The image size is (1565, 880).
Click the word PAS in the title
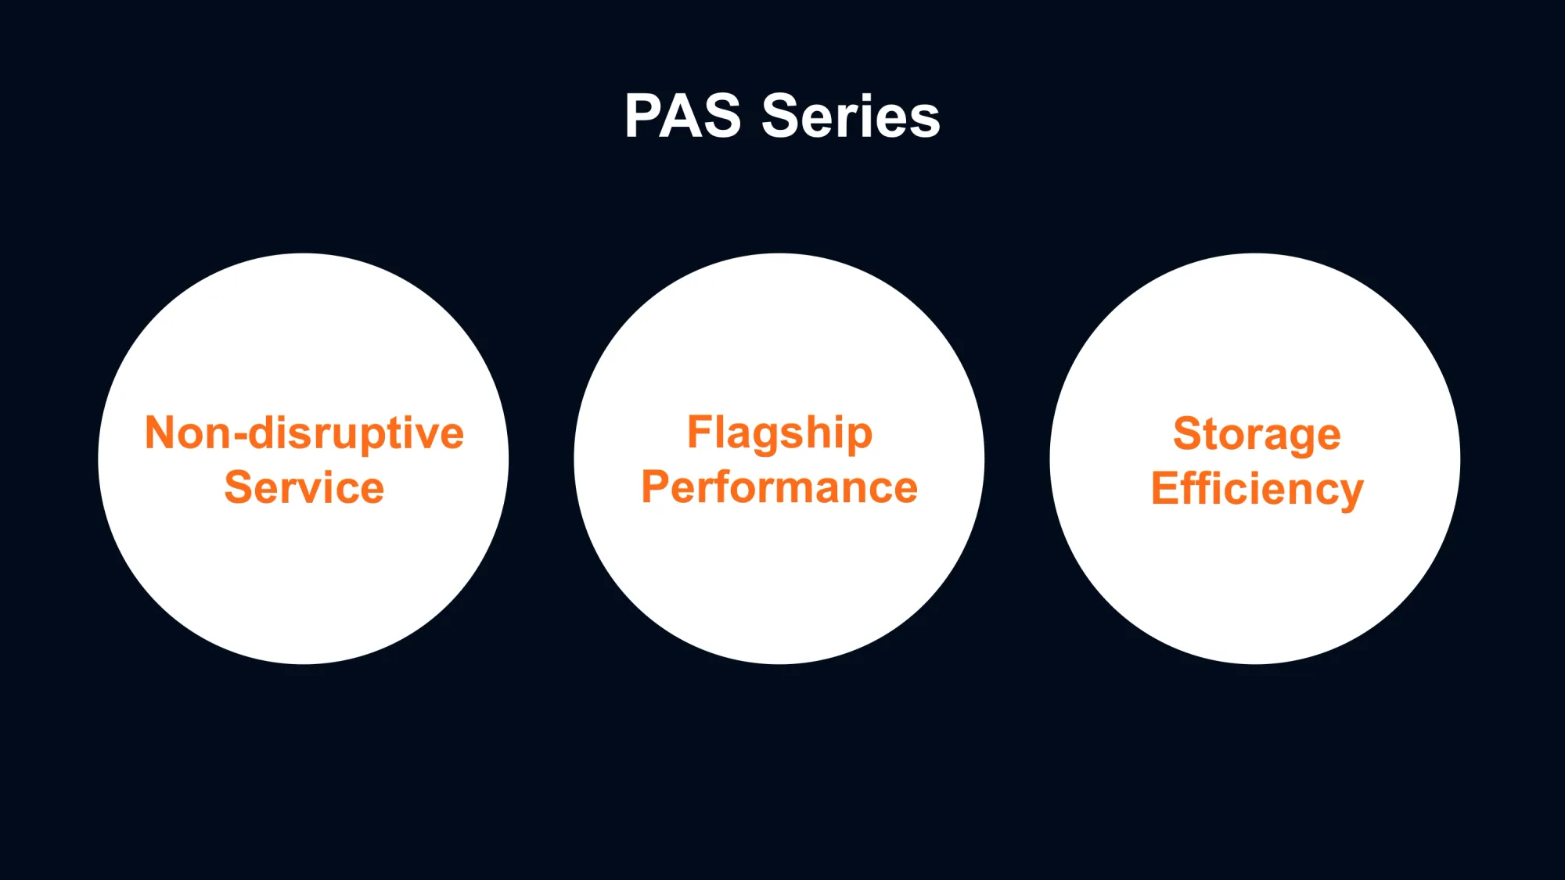point(682,116)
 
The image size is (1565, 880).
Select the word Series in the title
point(851,116)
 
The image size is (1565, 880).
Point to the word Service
point(304,487)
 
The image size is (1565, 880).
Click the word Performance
point(779,487)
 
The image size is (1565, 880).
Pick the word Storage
point(1257,435)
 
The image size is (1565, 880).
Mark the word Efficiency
point(1257,490)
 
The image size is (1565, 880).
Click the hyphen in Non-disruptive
point(239,437)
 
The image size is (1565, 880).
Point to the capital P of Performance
point(656,487)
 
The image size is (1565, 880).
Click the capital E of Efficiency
point(1165,487)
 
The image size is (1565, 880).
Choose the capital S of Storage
point(1190,433)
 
